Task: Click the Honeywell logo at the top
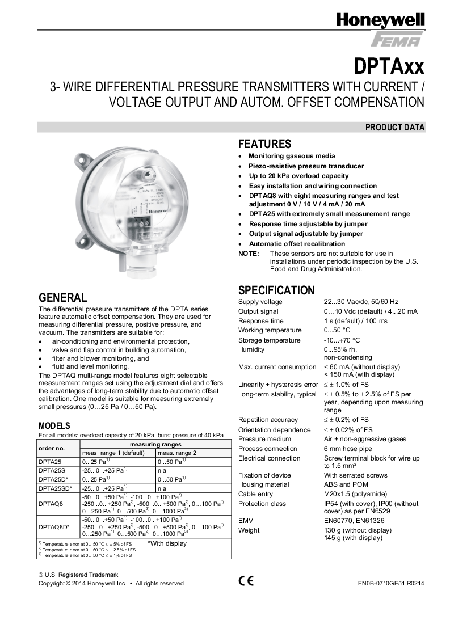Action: [x=380, y=22]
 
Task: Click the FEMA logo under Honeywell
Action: [x=397, y=40]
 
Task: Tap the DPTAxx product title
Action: [x=389, y=66]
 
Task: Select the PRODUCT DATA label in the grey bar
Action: [x=395, y=128]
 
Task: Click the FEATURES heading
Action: [x=264, y=144]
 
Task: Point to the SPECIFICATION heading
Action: [x=276, y=290]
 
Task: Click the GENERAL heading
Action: [x=62, y=298]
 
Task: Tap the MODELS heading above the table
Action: [x=54, y=425]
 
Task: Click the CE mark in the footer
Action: [x=246, y=580]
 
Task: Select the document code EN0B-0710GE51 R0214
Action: [x=391, y=583]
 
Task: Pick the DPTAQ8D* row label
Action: [x=53, y=527]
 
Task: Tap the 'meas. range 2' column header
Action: [x=176, y=453]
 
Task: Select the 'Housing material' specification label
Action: [x=264, y=484]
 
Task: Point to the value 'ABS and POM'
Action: [x=346, y=484]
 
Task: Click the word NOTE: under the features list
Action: [x=249, y=253]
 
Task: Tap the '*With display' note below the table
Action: [x=167, y=543]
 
